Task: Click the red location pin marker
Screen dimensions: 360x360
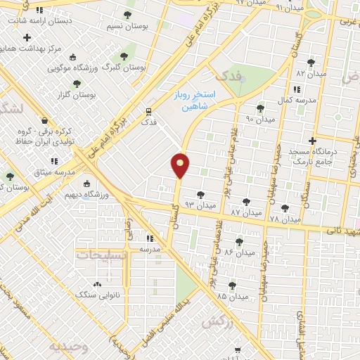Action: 181,166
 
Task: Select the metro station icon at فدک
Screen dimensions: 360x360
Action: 148,111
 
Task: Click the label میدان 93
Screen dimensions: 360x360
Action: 198,204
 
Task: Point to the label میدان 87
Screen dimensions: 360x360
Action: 246,212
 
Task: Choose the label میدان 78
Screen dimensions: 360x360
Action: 285,219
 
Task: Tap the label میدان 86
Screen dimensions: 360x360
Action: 240,252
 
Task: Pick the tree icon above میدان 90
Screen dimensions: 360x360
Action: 261,108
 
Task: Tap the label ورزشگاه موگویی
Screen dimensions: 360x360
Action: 76,69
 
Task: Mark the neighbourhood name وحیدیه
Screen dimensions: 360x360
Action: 67,347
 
